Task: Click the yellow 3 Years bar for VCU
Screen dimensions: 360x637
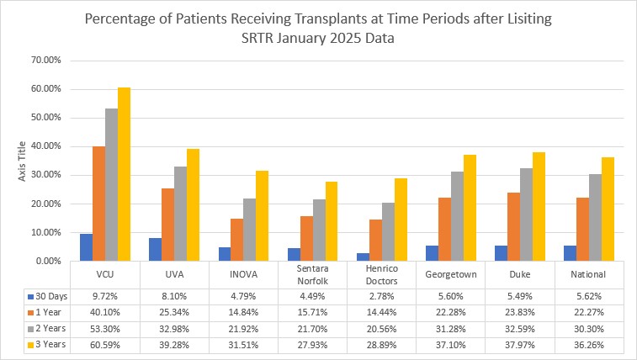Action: click(124, 174)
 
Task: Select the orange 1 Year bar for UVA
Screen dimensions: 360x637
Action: click(167, 225)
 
